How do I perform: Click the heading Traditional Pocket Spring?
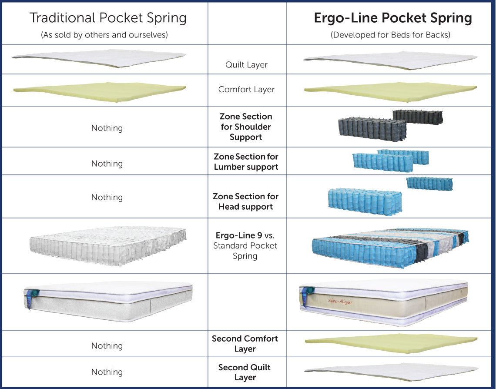(108, 18)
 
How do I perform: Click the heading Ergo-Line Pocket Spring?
(393, 18)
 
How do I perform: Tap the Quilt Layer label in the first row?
(246, 65)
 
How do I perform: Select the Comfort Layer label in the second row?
(246, 90)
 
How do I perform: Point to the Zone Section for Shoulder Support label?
(246, 127)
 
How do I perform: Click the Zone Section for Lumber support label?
(246, 161)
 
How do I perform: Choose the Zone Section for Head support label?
(246, 201)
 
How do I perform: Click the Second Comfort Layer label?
(245, 344)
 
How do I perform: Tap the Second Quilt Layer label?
(245, 372)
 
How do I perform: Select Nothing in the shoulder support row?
(107, 128)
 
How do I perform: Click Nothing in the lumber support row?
(107, 164)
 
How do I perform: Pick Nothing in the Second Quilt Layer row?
(107, 372)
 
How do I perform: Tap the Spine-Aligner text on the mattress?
(340, 301)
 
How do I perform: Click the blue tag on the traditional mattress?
(30, 298)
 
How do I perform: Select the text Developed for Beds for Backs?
(390, 35)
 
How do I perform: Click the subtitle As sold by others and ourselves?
(104, 35)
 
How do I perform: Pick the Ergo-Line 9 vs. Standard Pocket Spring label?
(245, 245)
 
